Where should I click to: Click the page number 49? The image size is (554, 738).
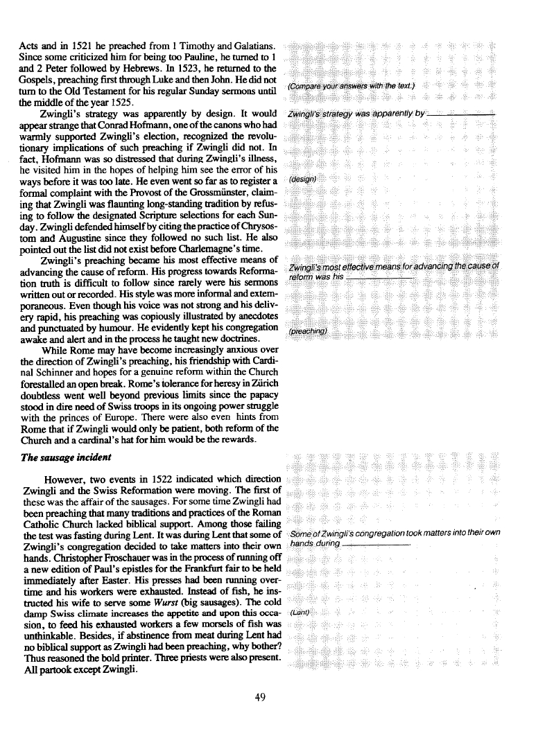click(261, 698)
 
